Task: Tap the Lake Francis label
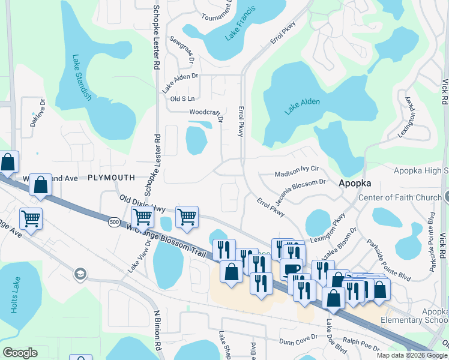pos(240,24)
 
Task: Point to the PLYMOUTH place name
pos(112,178)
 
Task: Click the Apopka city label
pos(355,183)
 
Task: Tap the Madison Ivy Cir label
pos(295,173)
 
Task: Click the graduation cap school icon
pos(79,275)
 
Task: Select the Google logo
pos(20,353)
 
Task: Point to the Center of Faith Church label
pos(399,197)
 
